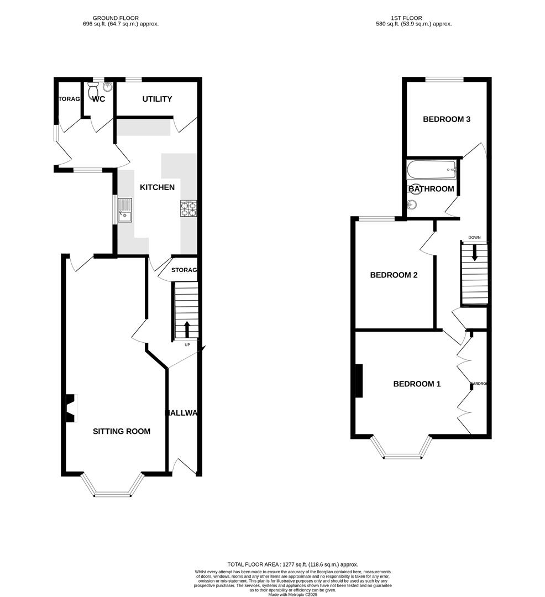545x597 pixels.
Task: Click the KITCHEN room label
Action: coord(157,187)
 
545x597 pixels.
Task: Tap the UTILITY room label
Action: coord(157,99)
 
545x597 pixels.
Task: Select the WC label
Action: coord(98,99)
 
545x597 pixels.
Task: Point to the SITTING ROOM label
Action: coord(121,431)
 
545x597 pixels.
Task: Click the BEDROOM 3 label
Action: coord(446,119)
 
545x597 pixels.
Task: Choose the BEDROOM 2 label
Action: coord(394,275)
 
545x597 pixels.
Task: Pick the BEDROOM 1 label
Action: coord(417,384)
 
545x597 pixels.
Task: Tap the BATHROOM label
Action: coord(431,189)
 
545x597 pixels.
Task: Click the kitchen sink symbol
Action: coord(125,210)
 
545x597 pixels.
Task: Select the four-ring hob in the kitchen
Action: coord(188,208)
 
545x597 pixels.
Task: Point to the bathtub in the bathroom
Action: coord(431,170)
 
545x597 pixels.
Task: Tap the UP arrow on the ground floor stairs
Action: coord(186,329)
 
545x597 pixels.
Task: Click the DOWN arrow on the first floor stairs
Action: coord(474,252)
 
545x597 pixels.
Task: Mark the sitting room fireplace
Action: coord(70,408)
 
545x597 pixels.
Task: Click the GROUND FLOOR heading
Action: coord(116,18)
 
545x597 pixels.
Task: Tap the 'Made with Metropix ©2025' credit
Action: coord(294,594)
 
